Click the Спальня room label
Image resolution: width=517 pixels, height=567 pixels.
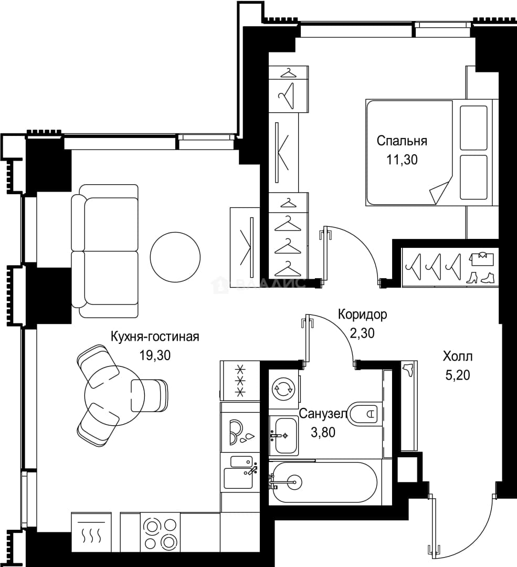pos(402,141)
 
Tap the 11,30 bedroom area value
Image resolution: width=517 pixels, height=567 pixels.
pos(402,160)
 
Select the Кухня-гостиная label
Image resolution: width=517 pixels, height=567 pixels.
pos(155,337)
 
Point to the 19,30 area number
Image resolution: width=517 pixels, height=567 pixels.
pos(155,355)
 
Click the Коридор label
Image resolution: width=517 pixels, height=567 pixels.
pos(362,314)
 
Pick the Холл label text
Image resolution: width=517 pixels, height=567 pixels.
pos(458,356)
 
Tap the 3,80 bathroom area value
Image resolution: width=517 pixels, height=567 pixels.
pos(323,432)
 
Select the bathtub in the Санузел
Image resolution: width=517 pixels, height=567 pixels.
pos(325,482)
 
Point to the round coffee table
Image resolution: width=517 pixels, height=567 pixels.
pos(175,257)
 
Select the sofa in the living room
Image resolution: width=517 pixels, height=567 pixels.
pos(105,251)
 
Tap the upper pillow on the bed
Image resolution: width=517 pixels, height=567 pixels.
pos(473,128)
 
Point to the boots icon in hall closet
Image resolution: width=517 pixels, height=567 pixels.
pos(481,278)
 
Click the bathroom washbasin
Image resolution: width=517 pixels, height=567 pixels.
pos(284,436)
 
